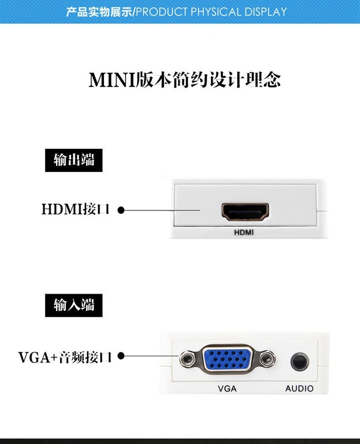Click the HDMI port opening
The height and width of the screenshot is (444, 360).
[x=246, y=211]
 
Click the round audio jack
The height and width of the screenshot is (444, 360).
[x=299, y=361]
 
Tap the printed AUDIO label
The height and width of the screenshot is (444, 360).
[x=299, y=389]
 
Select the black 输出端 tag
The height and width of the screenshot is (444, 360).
[x=74, y=160]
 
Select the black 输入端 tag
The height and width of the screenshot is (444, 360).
[x=74, y=305]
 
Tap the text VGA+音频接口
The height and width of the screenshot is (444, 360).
[x=66, y=356]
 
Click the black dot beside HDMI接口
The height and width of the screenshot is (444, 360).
[x=121, y=210]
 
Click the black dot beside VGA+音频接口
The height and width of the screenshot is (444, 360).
[x=121, y=356]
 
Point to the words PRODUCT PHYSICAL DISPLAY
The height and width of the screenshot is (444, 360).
[x=212, y=11]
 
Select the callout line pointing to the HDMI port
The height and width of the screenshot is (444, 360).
[x=161, y=210]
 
